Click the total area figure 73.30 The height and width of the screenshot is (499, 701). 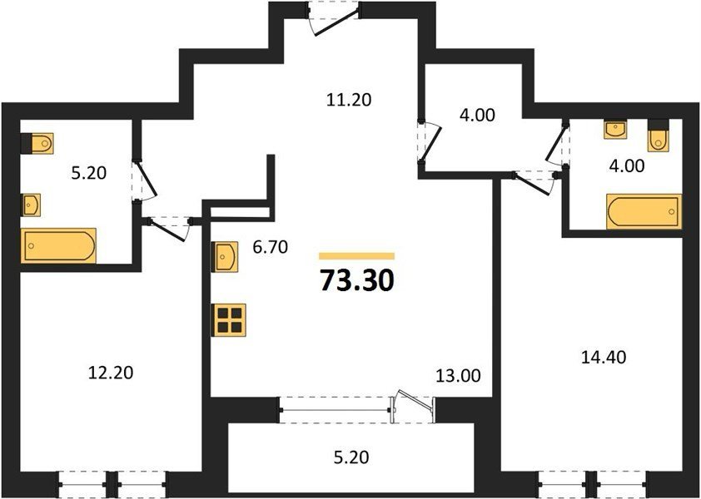[x=357, y=280]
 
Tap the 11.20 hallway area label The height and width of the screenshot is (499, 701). [x=349, y=100]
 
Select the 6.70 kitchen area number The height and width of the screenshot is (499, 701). [x=270, y=247]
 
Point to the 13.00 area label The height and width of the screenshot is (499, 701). [x=458, y=376]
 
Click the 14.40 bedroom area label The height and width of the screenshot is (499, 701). [x=604, y=357]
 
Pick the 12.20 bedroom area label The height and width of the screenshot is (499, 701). [x=111, y=372]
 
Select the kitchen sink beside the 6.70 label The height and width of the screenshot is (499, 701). [x=226, y=257]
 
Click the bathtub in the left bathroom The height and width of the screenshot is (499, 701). [x=58, y=245]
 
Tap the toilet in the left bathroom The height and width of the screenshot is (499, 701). [x=37, y=143]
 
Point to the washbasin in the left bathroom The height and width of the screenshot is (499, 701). [x=31, y=205]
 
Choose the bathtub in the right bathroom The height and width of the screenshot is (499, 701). [x=644, y=211]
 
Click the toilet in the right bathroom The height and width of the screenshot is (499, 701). [x=657, y=136]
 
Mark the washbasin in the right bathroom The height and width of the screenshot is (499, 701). [x=615, y=129]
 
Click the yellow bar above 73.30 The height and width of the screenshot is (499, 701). [x=357, y=256]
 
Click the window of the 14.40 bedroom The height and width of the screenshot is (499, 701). [x=593, y=484]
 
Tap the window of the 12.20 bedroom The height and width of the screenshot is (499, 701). [x=112, y=484]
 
